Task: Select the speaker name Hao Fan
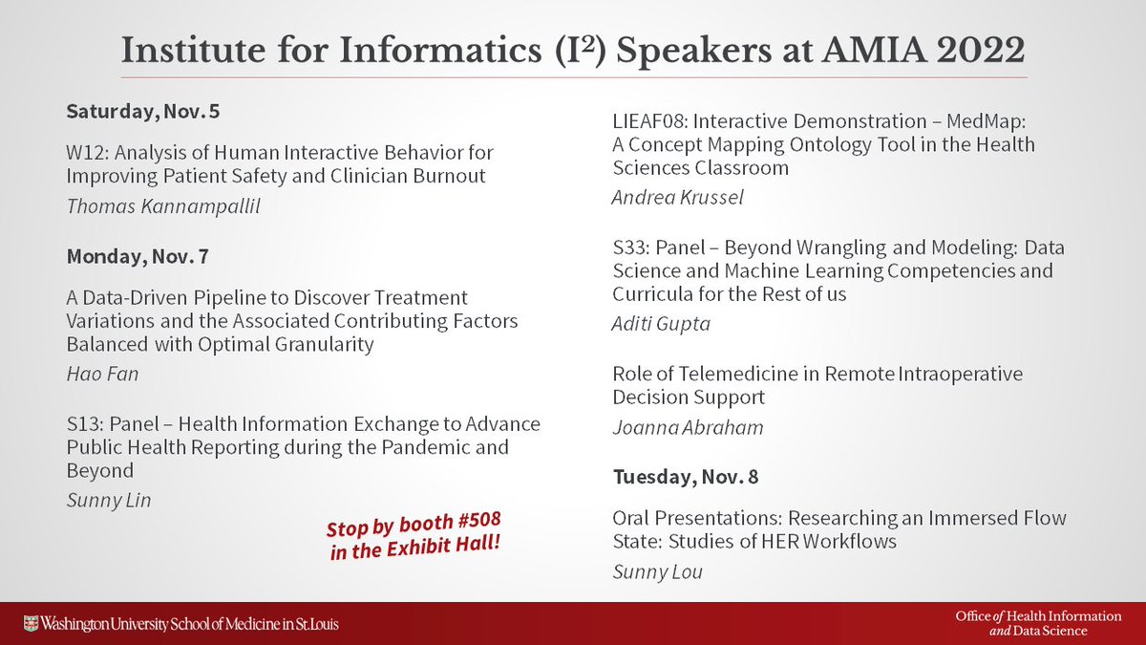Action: coord(102,374)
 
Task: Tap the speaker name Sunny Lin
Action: coord(108,501)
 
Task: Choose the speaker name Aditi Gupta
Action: coord(661,324)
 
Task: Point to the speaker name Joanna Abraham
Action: coord(688,427)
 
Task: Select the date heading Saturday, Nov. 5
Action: coord(142,112)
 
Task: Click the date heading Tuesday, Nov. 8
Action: coord(686,476)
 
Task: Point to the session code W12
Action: coord(83,153)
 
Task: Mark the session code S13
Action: coord(81,423)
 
